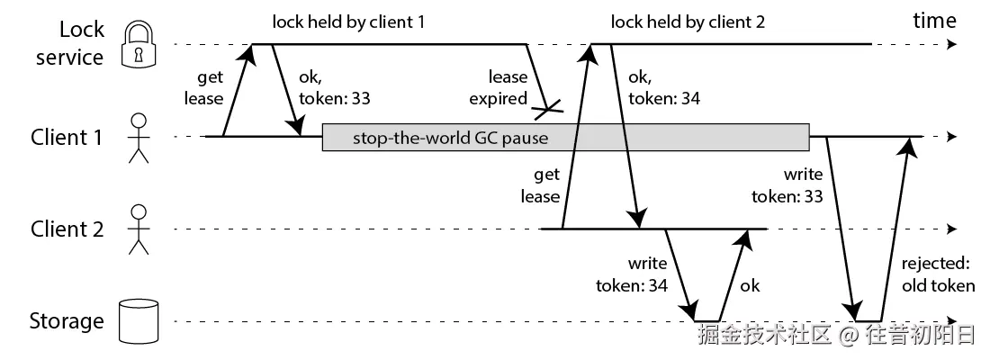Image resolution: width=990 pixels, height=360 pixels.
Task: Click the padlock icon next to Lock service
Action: pyautogui.click(x=138, y=44)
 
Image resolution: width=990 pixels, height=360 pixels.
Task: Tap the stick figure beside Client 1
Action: pyautogui.click(x=138, y=138)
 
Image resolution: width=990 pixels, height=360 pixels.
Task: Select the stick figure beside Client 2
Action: pyautogui.click(x=138, y=229)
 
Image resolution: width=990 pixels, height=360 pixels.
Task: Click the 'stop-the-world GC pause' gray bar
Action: pyautogui.click(x=565, y=138)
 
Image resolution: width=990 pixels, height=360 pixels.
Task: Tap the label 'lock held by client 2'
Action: pyautogui.click(x=688, y=22)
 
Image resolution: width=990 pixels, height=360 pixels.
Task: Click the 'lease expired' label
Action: pyautogui.click(x=508, y=88)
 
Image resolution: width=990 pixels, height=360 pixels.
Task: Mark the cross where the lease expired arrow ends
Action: pyautogui.click(x=548, y=111)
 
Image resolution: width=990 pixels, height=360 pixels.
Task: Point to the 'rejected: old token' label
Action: pyautogui.click(x=938, y=275)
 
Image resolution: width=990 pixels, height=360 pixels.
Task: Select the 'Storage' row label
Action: pyautogui.click(x=67, y=320)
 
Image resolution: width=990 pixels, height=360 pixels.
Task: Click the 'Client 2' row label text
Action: pyautogui.click(x=67, y=229)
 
